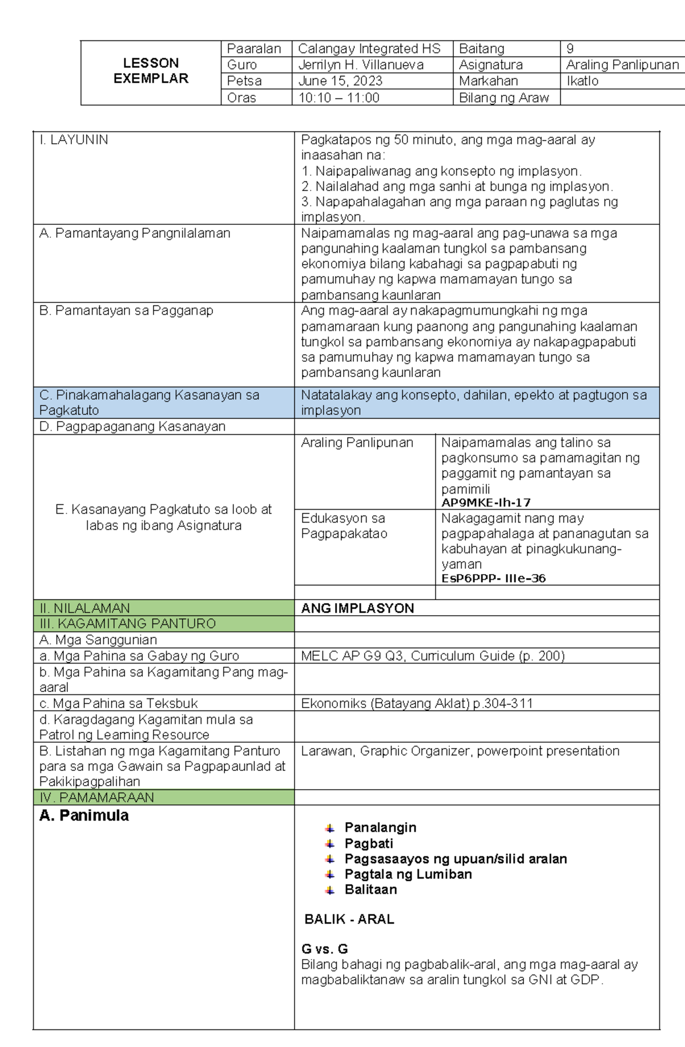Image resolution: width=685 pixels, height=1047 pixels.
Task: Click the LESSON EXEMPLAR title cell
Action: click(x=151, y=71)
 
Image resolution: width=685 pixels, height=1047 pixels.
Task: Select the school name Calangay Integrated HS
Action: click(x=369, y=49)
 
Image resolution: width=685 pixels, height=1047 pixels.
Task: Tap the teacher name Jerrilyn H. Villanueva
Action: click(x=361, y=65)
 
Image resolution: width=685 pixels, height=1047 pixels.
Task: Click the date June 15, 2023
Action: click(x=340, y=81)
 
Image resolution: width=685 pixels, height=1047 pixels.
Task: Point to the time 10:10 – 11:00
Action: click(x=339, y=98)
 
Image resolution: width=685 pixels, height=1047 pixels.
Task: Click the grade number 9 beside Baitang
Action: click(x=570, y=49)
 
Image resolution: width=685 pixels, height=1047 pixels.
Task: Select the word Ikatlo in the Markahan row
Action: click(x=582, y=81)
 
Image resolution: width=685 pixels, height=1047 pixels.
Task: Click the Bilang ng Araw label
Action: click(x=503, y=98)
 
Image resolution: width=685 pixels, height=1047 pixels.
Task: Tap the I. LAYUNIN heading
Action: click(x=74, y=140)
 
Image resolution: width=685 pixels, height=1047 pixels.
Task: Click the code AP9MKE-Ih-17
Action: click(x=486, y=503)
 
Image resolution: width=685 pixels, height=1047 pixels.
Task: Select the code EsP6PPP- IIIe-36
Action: click(x=493, y=579)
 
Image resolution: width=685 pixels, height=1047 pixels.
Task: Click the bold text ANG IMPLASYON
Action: click(x=357, y=608)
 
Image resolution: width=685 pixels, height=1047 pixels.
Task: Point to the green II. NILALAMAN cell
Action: click(x=163, y=608)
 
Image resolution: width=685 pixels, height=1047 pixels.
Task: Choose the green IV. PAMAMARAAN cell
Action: click(x=163, y=797)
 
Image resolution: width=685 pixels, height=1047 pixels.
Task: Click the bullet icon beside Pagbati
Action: click(x=330, y=843)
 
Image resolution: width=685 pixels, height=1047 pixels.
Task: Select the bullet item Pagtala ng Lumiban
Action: click(x=408, y=874)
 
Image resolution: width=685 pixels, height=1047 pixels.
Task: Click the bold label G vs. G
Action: click(x=324, y=949)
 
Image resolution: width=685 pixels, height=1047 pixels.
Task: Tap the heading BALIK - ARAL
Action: click(x=349, y=919)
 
